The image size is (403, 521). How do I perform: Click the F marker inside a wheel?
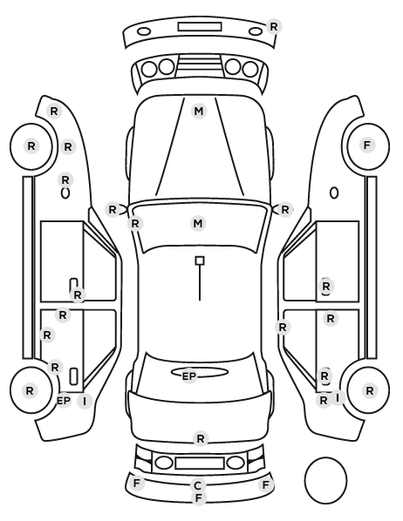point(366,145)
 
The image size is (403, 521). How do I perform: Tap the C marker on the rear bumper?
point(198,486)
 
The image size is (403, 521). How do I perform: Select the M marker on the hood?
point(199,111)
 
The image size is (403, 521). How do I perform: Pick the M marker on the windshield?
point(198,223)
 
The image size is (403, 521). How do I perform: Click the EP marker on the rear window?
point(189,376)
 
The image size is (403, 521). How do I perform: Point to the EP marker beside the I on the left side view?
point(64,401)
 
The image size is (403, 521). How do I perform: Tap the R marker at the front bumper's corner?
point(274,27)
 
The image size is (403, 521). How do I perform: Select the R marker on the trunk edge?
point(201,438)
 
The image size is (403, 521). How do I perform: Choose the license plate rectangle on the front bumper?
point(200,27)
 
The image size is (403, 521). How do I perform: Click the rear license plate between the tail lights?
point(200,463)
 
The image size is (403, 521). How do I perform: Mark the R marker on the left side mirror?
point(113,210)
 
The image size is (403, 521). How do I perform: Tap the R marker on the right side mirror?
point(285,210)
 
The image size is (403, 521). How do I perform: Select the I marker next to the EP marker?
point(85,402)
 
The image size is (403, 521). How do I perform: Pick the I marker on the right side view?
point(338,397)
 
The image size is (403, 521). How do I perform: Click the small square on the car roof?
point(200,260)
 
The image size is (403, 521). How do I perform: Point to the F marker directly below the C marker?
point(199,498)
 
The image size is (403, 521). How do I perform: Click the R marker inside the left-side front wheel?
point(31,145)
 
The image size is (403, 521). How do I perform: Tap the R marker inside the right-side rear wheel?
point(369,391)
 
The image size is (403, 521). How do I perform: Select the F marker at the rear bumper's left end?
point(136,484)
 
